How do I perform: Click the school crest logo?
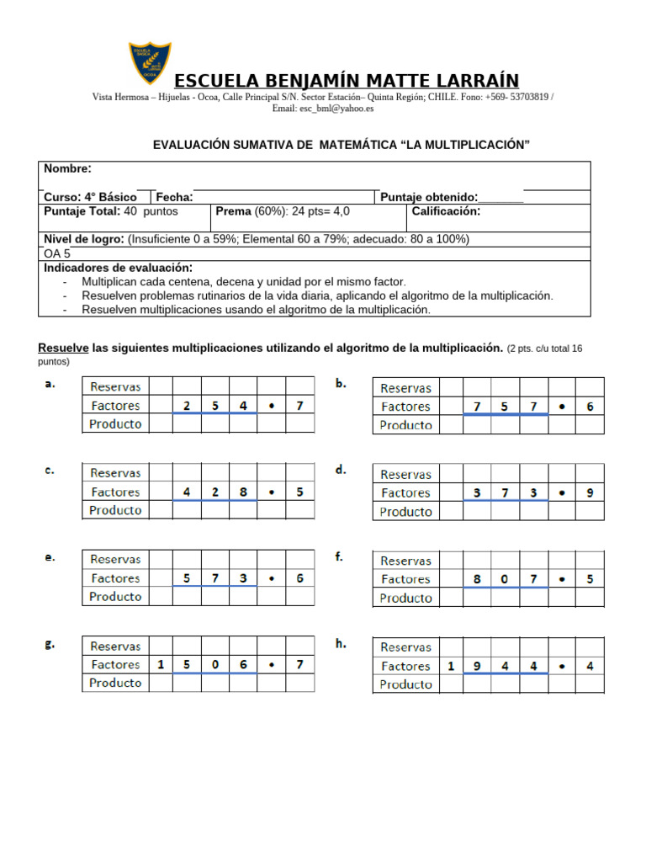pos(150,63)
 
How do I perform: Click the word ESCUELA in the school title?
pos(220,81)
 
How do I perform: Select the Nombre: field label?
pos(68,168)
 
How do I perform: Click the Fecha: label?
pos(174,197)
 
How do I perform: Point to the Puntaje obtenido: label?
pos(430,197)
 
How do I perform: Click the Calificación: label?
pos(446,211)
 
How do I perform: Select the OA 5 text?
pos(58,253)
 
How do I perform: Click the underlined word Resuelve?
pos(64,348)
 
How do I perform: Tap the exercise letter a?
pos(50,384)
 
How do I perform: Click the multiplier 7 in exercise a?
pos(299,406)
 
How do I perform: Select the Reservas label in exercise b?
pos(406,388)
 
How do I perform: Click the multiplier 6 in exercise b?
pos(590,407)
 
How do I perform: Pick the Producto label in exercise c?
pos(115,510)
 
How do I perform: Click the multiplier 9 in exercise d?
pos(590,493)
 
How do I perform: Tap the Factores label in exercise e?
pos(115,578)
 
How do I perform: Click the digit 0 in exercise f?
pos(506,579)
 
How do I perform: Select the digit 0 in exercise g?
pos(214,664)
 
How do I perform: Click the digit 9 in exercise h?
pos(477,666)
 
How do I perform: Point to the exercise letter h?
pos(342,644)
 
